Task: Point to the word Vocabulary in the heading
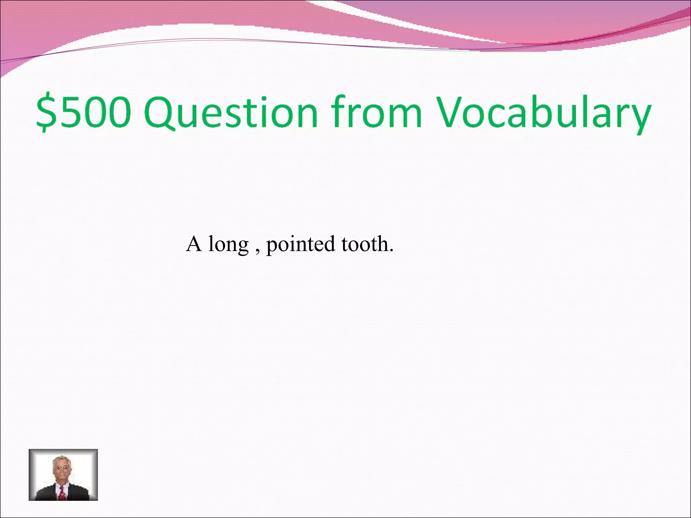tap(543, 112)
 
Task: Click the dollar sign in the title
tap(46, 112)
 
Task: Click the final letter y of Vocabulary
tap(639, 116)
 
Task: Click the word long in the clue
tap(228, 245)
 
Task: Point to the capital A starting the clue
tap(194, 243)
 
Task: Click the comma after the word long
tap(258, 251)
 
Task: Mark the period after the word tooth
tap(391, 251)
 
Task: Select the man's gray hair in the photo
tap(61, 460)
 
